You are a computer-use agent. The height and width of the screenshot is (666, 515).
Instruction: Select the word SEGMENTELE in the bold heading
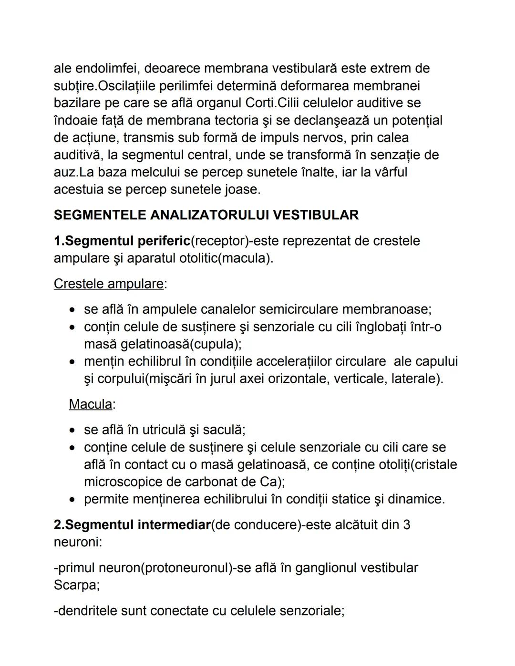click(x=100, y=215)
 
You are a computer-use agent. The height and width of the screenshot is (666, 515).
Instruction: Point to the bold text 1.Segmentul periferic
click(x=122, y=241)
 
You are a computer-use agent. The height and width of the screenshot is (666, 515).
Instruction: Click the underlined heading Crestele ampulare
click(x=109, y=284)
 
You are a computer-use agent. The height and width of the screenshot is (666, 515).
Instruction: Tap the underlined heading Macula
click(x=91, y=404)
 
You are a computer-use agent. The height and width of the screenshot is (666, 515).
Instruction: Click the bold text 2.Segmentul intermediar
click(x=132, y=525)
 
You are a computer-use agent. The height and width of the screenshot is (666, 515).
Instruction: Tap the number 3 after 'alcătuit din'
click(x=406, y=525)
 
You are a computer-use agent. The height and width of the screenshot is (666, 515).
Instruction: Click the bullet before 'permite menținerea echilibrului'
click(x=72, y=500)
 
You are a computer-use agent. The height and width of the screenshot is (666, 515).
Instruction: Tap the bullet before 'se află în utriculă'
click(x=72, y=430)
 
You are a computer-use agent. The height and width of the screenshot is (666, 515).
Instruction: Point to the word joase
click(x=241, y=189)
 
